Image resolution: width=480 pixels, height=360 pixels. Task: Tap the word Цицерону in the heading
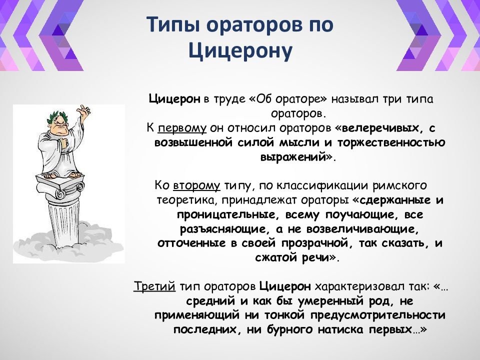240,50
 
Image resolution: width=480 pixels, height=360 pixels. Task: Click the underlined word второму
196,186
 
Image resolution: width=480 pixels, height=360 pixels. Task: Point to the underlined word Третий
154,286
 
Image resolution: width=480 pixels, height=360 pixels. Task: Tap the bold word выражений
292,157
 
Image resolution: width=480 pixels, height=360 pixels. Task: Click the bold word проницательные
226,214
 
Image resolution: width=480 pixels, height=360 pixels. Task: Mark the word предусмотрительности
377,315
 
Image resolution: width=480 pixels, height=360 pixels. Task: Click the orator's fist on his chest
64,142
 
